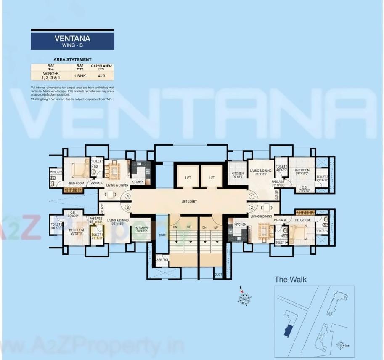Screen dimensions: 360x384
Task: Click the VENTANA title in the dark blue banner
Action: point(72,38)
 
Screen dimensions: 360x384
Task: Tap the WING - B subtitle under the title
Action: point(72,45)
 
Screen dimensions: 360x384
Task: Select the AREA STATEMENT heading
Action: point(72,60)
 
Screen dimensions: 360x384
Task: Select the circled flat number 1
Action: point(252,196)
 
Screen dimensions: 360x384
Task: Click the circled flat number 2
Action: point(252,207)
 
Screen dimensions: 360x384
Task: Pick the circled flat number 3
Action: point(127,207)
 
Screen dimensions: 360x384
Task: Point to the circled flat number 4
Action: point(127,196)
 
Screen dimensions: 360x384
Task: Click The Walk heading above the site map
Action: point(290,279)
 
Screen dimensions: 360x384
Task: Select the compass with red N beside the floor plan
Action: point(244,297)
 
